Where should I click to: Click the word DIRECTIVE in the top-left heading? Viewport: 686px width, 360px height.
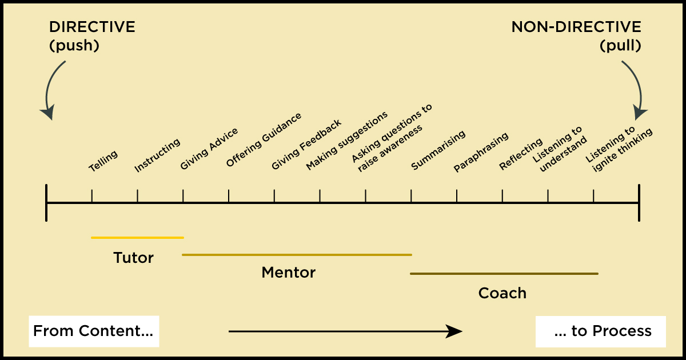point(92,27)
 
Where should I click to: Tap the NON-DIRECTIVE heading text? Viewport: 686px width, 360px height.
point(576,27)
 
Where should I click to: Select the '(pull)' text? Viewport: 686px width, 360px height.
point(620,46)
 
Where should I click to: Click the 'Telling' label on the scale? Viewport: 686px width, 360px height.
point(103,161)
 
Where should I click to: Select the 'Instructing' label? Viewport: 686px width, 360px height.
point(157,155)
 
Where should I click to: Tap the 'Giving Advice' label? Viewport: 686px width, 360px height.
point(209,149)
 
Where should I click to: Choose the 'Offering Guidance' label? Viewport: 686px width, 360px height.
point(264,139)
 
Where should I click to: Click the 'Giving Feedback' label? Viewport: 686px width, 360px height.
point(306,145)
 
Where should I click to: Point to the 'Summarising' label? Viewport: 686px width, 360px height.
point(438,150)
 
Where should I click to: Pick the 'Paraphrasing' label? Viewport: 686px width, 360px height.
point(481,152)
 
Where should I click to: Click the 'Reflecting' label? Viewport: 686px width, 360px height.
point(521,154)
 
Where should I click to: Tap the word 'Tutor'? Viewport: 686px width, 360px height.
point(134,258)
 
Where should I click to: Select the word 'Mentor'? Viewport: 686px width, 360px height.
point(289,273)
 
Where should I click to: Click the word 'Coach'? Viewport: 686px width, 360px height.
point(502,293)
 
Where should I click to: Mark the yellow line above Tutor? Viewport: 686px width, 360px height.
point(138,238)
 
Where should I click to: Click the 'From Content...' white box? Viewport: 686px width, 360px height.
point(94,331)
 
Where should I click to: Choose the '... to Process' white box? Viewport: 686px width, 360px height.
point(601,331)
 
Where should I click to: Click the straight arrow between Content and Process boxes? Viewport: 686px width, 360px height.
point(345,331)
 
